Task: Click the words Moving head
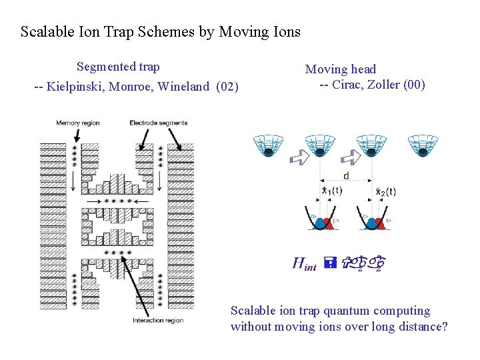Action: coord(340,69)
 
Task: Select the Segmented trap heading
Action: coord(118,67)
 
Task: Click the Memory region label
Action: coord(77,123)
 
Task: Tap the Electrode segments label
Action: coord(158,123)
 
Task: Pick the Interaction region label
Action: coord(157,321)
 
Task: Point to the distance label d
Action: coord(345,176)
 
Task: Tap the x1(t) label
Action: coord(332,191)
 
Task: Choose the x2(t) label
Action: coord(385,191)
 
